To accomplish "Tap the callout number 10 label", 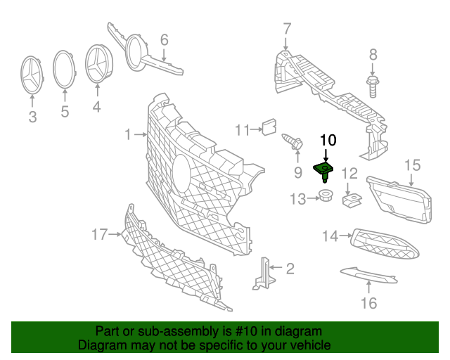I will click(328, 140).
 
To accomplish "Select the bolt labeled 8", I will click(373, 86).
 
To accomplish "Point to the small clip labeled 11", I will click(267, 127).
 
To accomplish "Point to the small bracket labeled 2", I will click(264, 273).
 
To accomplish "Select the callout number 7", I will click(286, 29).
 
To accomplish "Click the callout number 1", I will click(128, 134).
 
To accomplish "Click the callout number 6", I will click(164, 39).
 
